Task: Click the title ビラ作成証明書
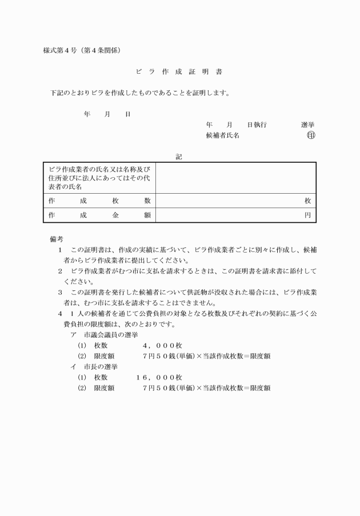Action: [x=179, y=73]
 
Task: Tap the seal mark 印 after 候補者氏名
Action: [x=311, y=135]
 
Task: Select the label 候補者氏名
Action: [x=222, y=135]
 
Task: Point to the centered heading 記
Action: [x=179, y=155]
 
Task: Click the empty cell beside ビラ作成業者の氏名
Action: [x=235, y=178]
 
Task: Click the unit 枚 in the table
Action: [x=307, y=201]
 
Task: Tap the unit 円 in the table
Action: [x=307, y=215]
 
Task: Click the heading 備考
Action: [x=56, y=238]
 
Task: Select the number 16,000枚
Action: [x=159, y=377]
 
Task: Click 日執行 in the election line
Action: [x=257, y=124]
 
